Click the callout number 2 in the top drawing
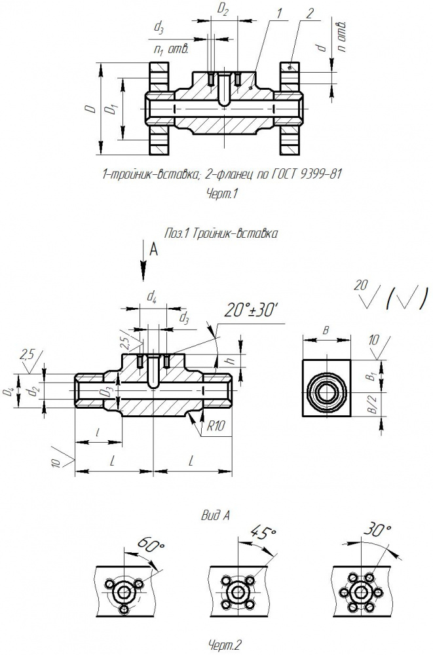309,13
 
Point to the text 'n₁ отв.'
171,50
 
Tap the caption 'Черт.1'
221,194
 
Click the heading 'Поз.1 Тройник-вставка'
221,234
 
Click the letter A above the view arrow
154,250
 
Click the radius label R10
216,426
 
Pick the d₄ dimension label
152,297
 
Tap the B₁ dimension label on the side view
371,376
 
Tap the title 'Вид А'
216,515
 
